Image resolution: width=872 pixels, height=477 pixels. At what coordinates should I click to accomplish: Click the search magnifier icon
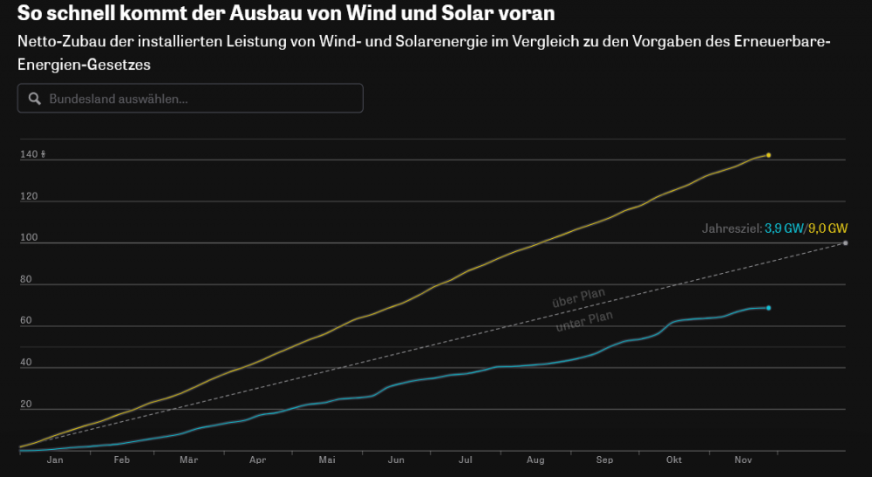click(x=35, y=99)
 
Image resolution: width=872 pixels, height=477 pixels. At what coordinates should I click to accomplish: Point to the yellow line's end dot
click(x=768, y=155)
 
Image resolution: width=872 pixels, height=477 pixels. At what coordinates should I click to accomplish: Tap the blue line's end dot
click(x=768, y=308)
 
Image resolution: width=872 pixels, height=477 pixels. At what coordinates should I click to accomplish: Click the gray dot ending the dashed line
click(x=846, y=242)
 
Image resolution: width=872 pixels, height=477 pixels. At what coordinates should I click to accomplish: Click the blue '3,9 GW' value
click(x=784, y=228)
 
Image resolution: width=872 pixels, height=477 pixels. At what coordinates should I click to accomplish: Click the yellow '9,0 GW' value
click(x=828, y=228)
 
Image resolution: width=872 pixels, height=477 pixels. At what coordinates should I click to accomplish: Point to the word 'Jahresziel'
click(x=731, y=228)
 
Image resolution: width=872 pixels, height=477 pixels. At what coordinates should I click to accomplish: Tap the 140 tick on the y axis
click(x=29, y=155)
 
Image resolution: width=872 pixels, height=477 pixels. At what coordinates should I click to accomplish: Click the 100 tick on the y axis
click(x=29, y=238)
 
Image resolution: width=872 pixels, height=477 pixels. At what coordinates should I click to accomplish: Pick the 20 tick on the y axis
click(x=26, y=405)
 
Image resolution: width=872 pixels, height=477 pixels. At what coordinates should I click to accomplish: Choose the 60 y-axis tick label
click(x=26, y=321)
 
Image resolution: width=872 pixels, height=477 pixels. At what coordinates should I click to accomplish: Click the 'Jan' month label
click(x=55, y=460)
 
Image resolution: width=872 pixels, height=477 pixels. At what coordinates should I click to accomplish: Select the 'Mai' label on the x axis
click(x=327, y=460)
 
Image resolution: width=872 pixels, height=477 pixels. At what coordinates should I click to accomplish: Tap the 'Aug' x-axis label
click(x=535, y=460)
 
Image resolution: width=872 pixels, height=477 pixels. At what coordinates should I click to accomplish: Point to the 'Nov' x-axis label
click(x=742, y=460)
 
